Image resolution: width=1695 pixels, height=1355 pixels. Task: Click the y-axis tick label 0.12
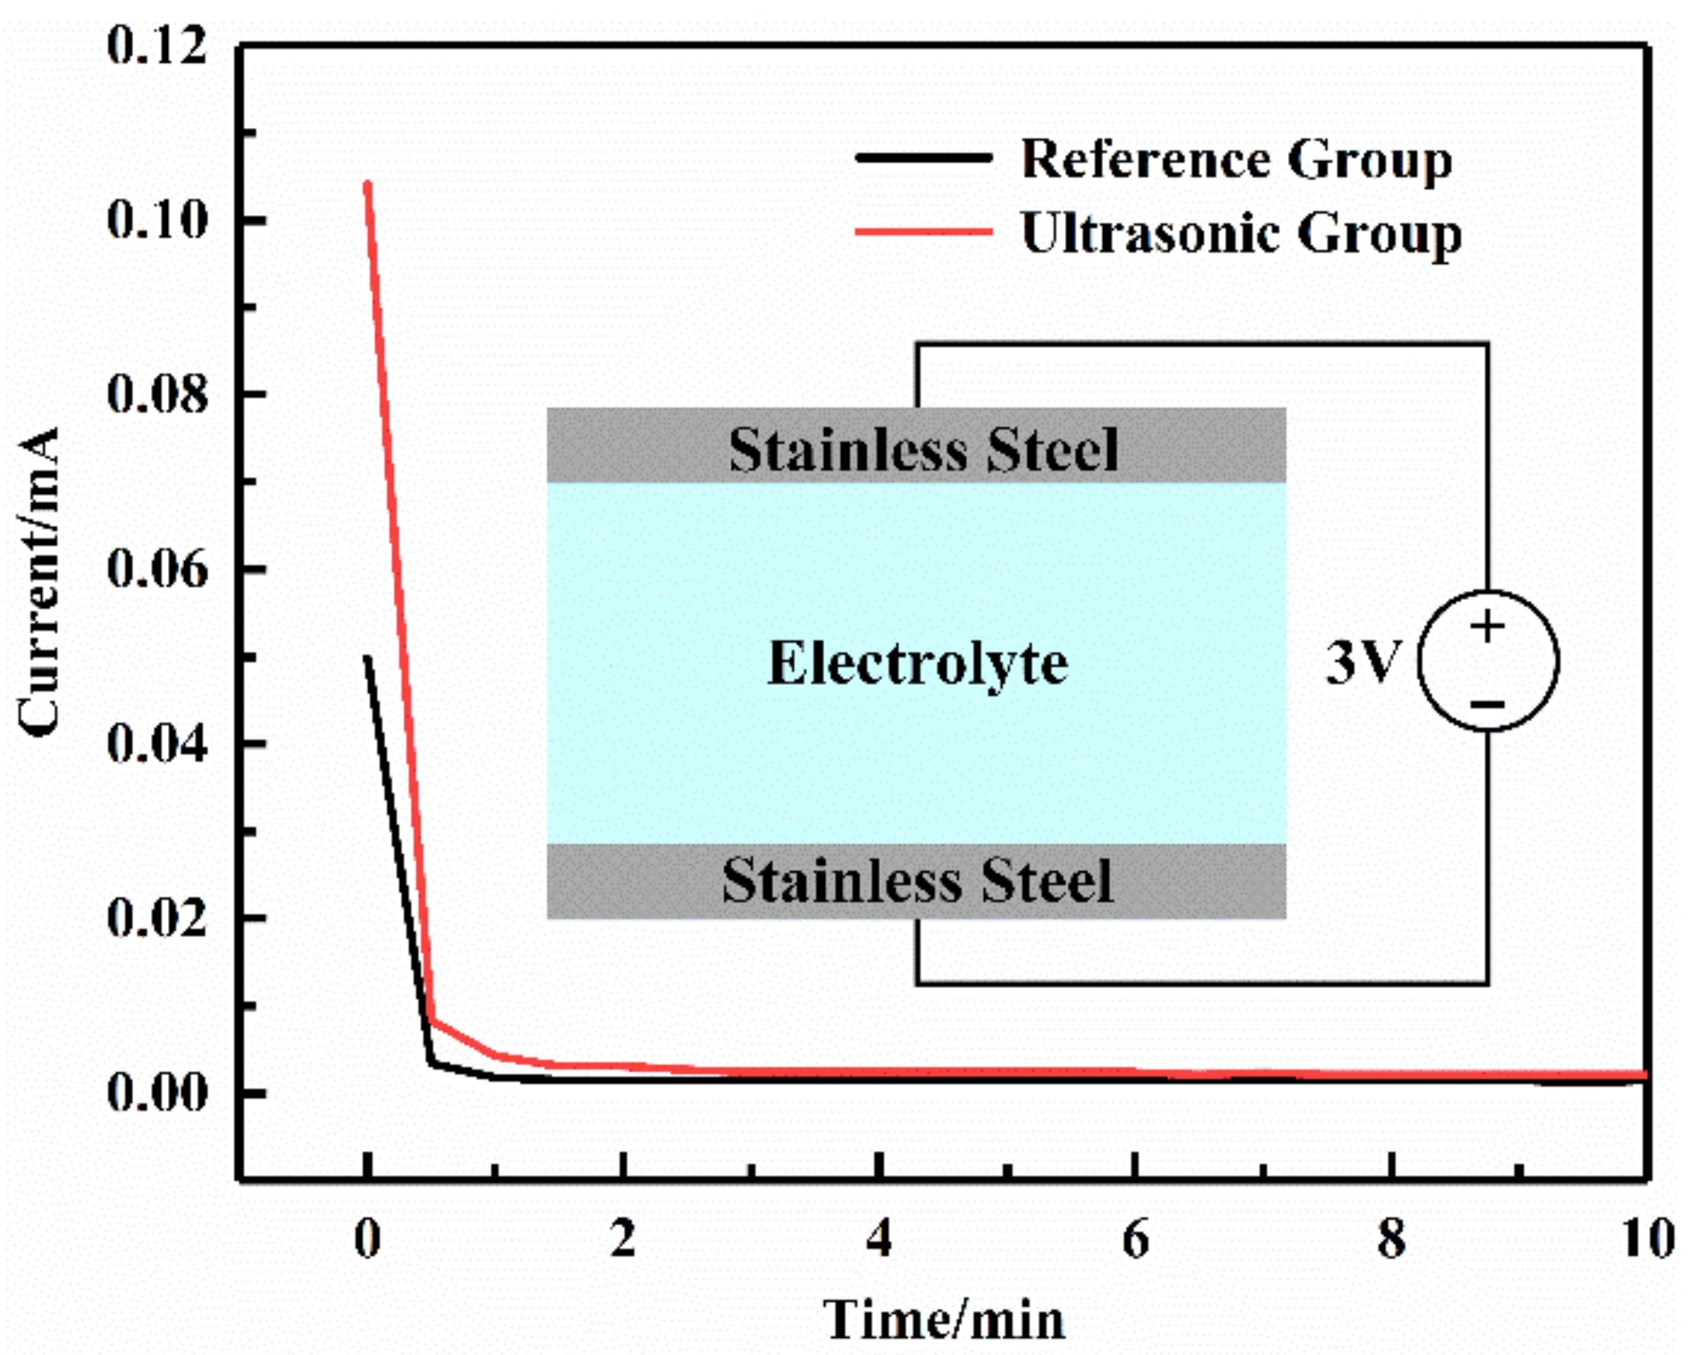[156, 45]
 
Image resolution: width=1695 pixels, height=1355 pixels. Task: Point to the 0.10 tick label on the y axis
[156, 219]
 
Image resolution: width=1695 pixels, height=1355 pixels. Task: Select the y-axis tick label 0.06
[156, 568]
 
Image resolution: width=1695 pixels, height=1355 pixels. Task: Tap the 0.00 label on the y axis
[156, 1091]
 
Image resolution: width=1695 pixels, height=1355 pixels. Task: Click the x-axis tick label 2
[623, 1239]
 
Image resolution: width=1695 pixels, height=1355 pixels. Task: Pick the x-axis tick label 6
[1135, 1239]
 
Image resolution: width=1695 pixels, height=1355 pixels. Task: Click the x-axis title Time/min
[945, 1319]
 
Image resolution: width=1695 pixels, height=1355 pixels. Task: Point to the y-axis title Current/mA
[39, 581]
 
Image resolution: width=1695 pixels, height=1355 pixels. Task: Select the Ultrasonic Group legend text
[1241, 233]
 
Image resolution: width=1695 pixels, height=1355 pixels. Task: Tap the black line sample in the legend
[923, 158]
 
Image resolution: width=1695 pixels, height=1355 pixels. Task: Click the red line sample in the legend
[923, 232]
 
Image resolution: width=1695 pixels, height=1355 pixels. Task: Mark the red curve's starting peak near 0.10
[367, 185]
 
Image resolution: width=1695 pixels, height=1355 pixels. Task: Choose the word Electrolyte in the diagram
[917, 663]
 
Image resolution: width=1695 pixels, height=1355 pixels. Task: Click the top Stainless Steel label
[923, 449]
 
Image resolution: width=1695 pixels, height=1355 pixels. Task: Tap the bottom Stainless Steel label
[917, 880]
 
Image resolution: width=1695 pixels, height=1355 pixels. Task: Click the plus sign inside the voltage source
[1488, 627]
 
